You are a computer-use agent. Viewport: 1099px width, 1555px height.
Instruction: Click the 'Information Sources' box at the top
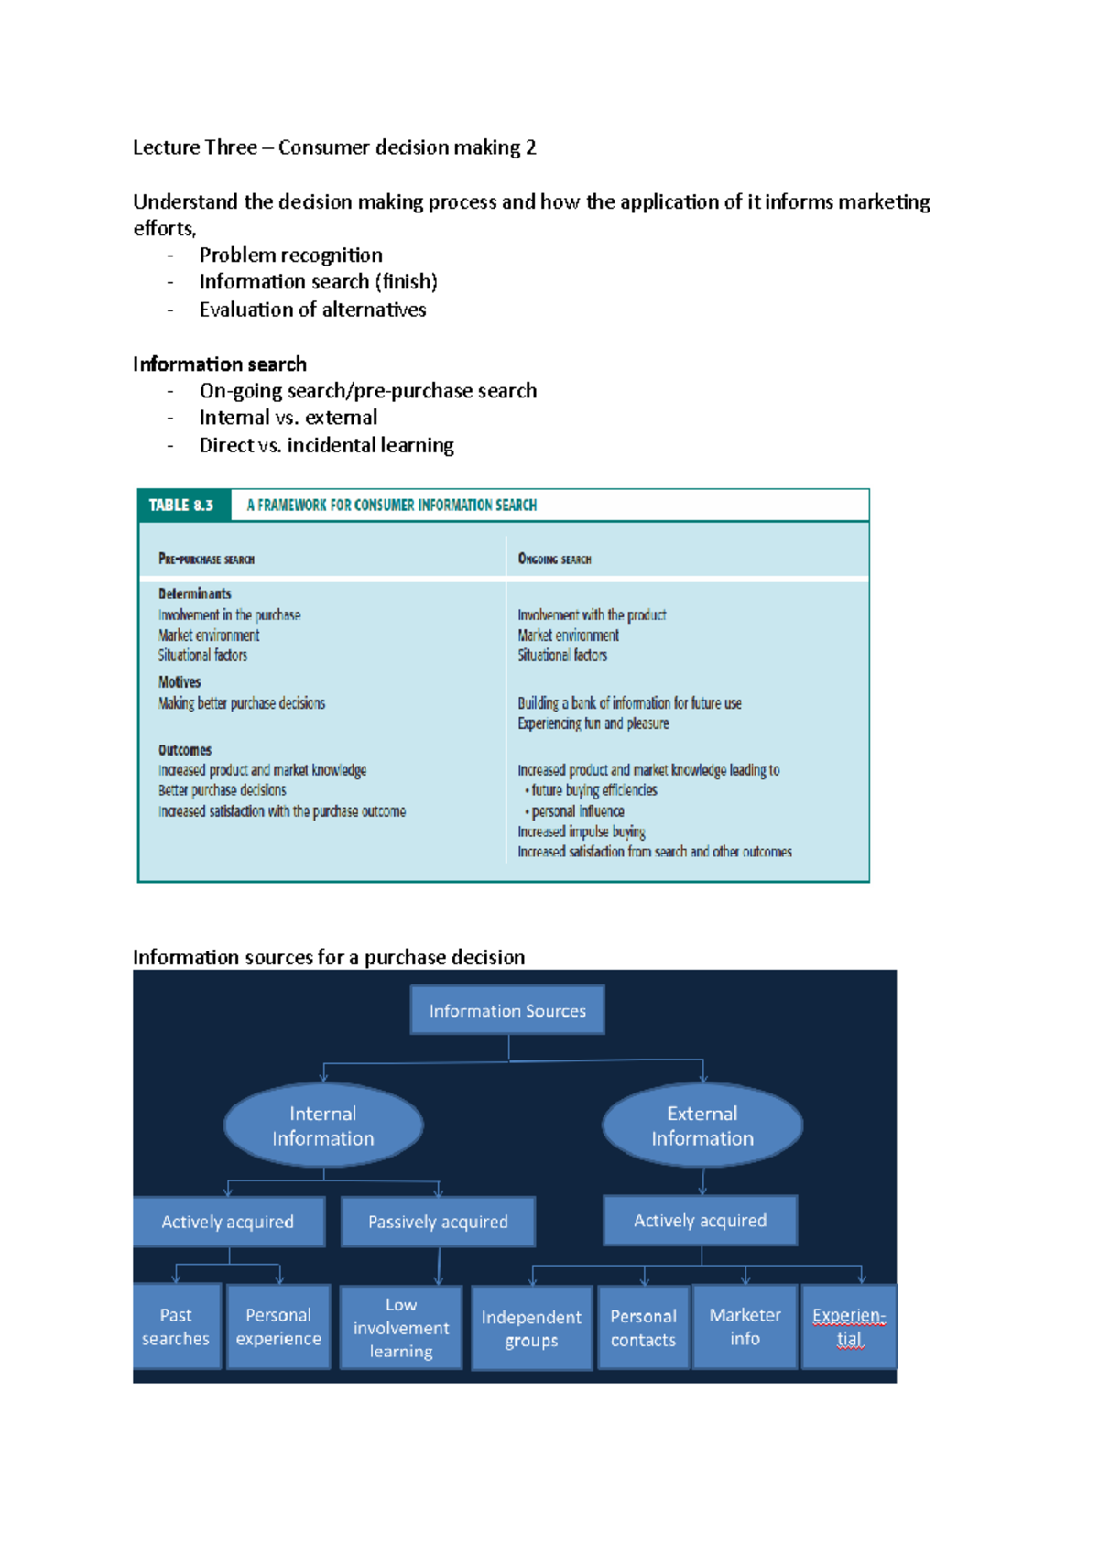(x=507, y=1010)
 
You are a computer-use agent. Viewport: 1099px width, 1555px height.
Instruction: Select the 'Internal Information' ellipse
(x=323, y=1125)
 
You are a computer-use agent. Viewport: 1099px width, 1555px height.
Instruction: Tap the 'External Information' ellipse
(x=702, y=1125)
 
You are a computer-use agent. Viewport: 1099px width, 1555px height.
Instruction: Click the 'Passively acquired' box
(x=438, y=1222)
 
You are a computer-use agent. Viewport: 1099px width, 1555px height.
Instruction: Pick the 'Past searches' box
(x=176, y=1326)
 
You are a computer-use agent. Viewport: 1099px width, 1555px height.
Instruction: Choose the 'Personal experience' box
(x=278, y=1326)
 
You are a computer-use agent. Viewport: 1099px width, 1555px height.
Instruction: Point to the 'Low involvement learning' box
(x=401, y=1328)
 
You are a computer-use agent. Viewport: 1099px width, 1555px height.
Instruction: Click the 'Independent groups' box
(x=531, y=1328)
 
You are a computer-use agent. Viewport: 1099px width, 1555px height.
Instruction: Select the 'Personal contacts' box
(x=643, y=1327)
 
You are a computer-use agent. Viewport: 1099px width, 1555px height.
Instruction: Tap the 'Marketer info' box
(x=745, y=1326)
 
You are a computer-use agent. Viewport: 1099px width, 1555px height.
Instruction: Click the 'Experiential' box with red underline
(x=849, y=1326)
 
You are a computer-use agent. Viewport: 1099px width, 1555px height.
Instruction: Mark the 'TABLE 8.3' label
(x=181, y=506)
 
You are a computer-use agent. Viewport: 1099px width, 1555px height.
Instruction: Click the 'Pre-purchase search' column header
(x=206, y=559)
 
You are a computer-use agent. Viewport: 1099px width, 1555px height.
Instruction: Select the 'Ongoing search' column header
(x=554, y=559)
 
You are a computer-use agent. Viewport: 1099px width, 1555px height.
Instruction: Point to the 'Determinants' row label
(x=195, y=593)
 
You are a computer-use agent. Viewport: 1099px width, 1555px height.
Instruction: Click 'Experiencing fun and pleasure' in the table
(x=593, y=723)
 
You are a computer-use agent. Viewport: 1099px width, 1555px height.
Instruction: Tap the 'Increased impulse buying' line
(x=582, y=832)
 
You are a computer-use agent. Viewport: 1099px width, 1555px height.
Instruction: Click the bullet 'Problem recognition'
(x=291, y=255)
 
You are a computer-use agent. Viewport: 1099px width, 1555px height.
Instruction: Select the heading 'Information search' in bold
(x=220, y=364)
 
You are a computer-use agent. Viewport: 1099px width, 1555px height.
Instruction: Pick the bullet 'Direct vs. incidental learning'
(x=327, y=445)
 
